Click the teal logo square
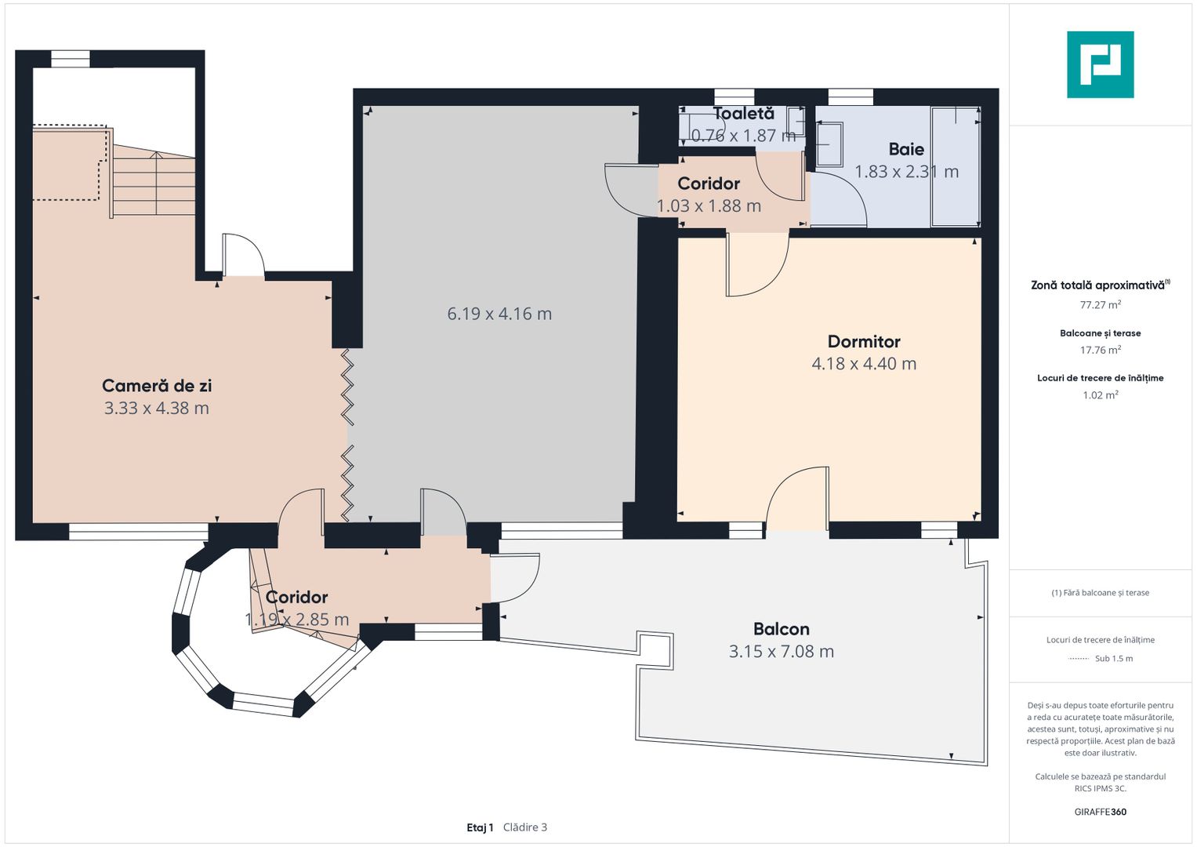coord(1101,64)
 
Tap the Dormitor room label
coord(864,341)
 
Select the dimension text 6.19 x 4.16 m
coord(499,314)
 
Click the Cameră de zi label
coord(157,386)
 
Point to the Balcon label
coord(782,629)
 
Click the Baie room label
coord(906,149)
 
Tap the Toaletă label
coord(743,114)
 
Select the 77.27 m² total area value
coord(1101,305)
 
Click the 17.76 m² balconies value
coord(1101,350)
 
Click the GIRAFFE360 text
coord(1101,812)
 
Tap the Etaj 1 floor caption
coord(480,827)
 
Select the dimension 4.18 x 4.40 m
coord(864,364)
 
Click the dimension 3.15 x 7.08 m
coord(782,651)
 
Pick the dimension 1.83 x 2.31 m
coord(906,172)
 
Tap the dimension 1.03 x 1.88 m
coord(709,205)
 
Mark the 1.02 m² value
coord(1101,395)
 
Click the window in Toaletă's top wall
coord(735,96)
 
